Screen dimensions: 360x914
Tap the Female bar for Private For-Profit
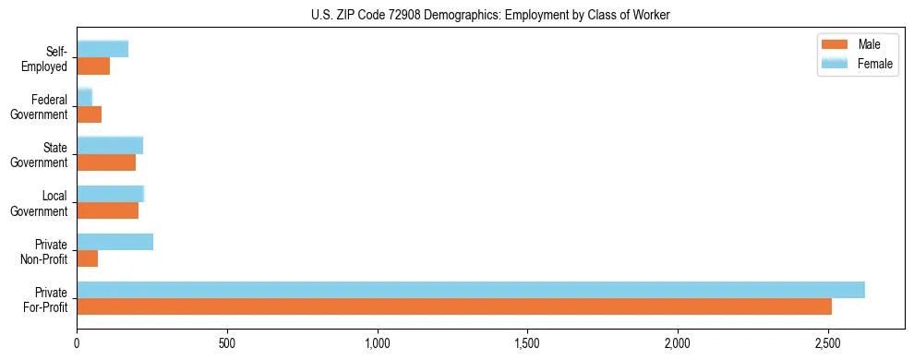pyautogui.click(x=471, y=290)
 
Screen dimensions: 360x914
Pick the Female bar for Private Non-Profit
pyautogui.click(x=115, y=242)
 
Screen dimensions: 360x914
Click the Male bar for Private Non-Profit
pyautogui.click(x=88, y=258)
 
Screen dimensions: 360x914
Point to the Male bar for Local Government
pyautogui.click(x=108, y=210)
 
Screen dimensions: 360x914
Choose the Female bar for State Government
pyautogui.click(x=110, y=146)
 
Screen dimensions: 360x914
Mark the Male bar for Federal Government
pyautogui.click(x=90, y=114)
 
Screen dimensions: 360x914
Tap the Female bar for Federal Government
pyautogui.click(x=85, y=98)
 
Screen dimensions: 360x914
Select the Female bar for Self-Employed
pyautogui.click(x=102, y=50)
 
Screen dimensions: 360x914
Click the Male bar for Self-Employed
pyautogui.click(x=93, y=66)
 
